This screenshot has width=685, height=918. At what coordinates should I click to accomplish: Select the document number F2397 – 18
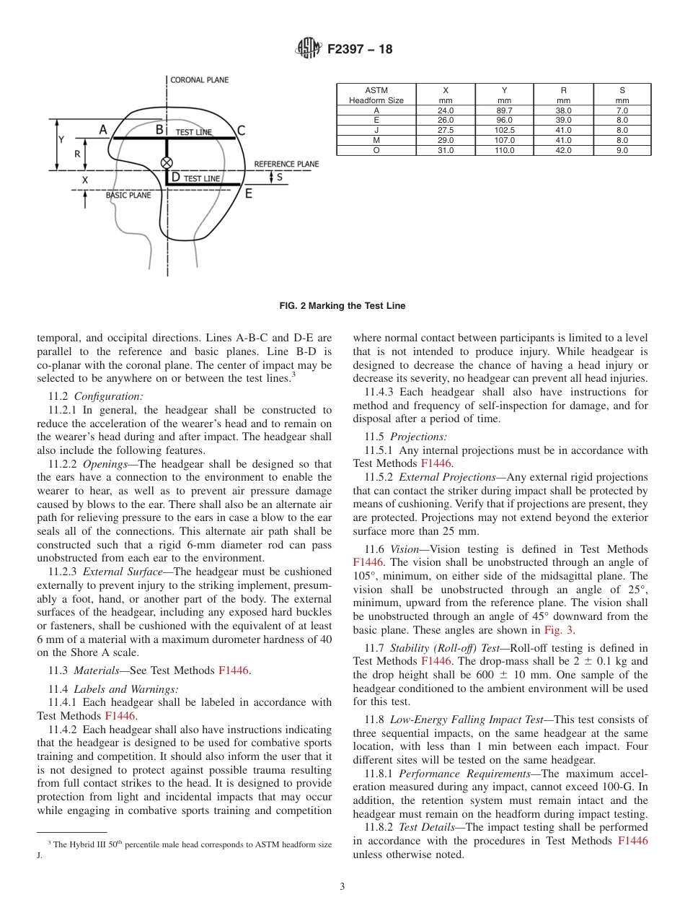(360, 50)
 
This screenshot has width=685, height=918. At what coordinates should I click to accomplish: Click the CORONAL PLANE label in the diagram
(200, 79)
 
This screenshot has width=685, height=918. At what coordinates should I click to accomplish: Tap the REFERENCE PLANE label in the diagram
(286, 165)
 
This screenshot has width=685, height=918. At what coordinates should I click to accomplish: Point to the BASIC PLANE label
(128, 195)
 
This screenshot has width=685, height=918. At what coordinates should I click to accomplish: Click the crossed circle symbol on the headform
(167, 162)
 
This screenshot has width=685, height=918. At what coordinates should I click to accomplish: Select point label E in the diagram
(249, 193)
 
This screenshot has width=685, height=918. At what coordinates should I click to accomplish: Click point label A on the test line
(103, 130)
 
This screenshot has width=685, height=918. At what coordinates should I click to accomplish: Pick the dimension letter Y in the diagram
(61, 139)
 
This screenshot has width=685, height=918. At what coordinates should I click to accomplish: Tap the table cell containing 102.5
(504, 131)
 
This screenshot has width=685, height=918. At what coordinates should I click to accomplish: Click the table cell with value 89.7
(504, 110)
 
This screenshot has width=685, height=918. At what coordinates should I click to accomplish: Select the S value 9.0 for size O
(622, 151)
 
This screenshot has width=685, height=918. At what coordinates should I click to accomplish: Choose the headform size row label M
(376, 141)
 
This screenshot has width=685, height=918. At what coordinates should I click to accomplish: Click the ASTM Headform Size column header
(376, 95)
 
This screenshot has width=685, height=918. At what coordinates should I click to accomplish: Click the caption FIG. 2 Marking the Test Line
(342, 306)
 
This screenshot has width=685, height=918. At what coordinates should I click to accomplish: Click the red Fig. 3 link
(562, 630)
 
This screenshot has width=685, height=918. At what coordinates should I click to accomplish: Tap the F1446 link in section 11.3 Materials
(233, 671)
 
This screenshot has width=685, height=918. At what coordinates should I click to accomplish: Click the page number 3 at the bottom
(342, 887)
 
